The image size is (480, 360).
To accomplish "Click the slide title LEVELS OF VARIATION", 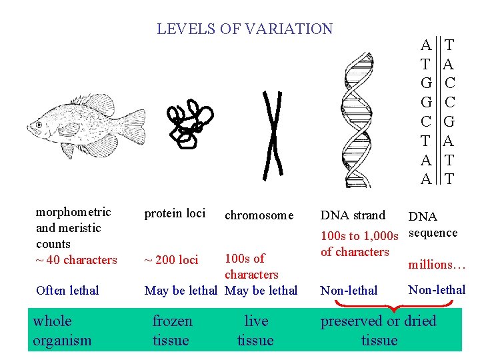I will pos(245,29).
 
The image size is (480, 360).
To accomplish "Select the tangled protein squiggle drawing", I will pos(190,123).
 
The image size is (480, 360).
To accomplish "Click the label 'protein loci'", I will pos(175,213).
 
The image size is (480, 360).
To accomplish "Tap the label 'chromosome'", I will pos(259,215).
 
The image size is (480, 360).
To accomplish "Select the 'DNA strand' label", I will pos(353,215).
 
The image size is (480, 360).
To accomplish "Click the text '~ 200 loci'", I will pos(171,260).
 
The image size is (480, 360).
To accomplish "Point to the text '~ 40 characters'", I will pos(76,260).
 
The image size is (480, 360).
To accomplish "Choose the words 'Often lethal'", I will pos(67,291).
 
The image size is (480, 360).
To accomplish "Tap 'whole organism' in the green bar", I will pos(62,331).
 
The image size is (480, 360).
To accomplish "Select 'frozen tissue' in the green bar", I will pos(172,331).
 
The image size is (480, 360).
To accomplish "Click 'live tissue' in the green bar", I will pos(255,331).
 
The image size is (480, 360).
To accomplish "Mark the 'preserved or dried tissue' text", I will pos(379,331).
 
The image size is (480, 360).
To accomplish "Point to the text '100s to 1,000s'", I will pos(359,235).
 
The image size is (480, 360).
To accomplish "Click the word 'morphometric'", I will pos(73,213).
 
